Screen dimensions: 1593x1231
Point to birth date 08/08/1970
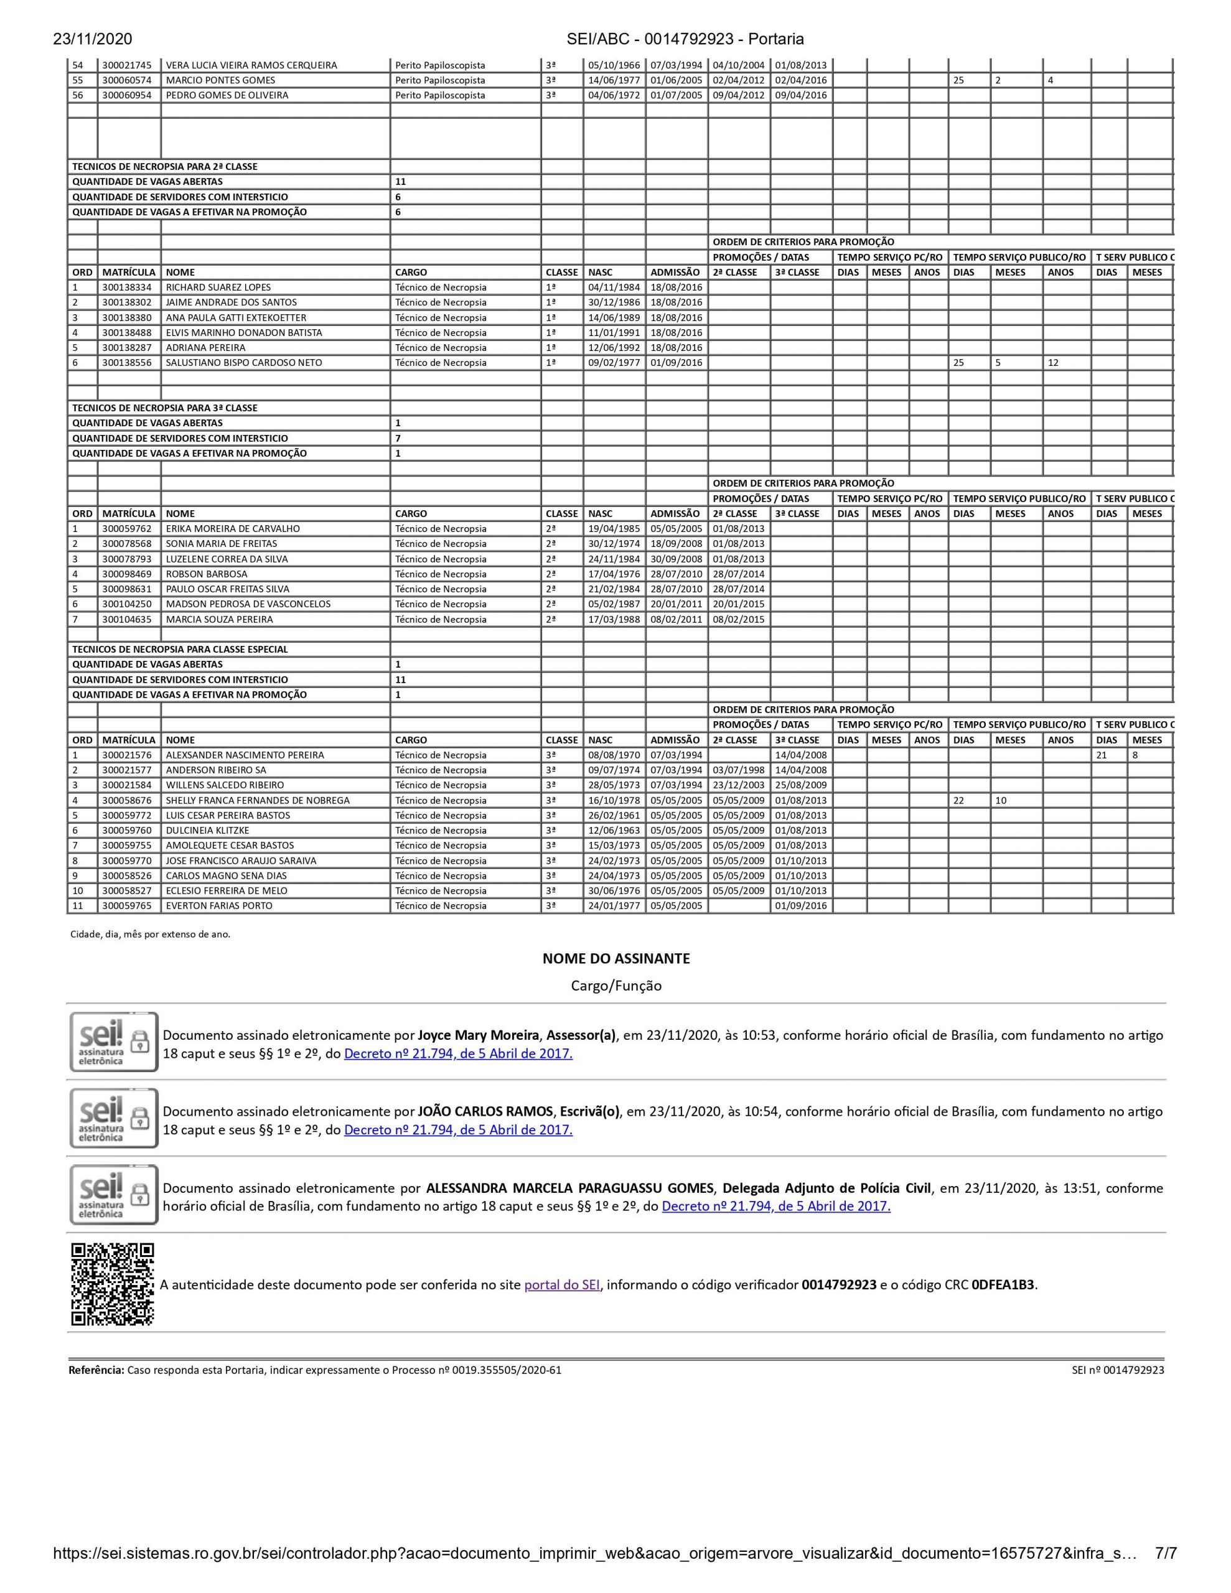[614, 755]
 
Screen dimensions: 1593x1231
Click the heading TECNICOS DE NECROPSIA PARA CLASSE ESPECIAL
[180, 649]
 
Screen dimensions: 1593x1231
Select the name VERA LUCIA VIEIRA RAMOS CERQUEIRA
[252, 65]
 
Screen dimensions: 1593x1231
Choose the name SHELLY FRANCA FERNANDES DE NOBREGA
[258, 800]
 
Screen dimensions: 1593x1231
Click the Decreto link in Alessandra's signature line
[775, 1206]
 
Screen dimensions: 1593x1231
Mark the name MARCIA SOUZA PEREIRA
[219, 619]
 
